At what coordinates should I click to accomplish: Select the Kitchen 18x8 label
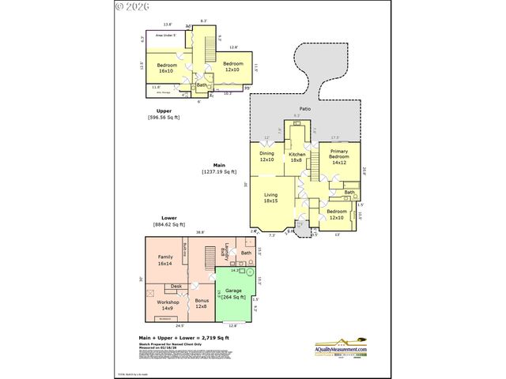[297, 156]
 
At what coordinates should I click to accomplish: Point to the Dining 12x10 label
[266, 156]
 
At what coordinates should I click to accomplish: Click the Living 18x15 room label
[270, 197]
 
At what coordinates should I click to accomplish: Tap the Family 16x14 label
[165, 261]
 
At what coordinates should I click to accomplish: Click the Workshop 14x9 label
[168, 305]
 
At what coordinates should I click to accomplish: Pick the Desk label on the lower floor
[176, 286]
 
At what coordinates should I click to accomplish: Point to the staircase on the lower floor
[209, 257]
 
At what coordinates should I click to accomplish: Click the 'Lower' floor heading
[168, 218]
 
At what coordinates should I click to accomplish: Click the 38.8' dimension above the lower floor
[200, 232]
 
